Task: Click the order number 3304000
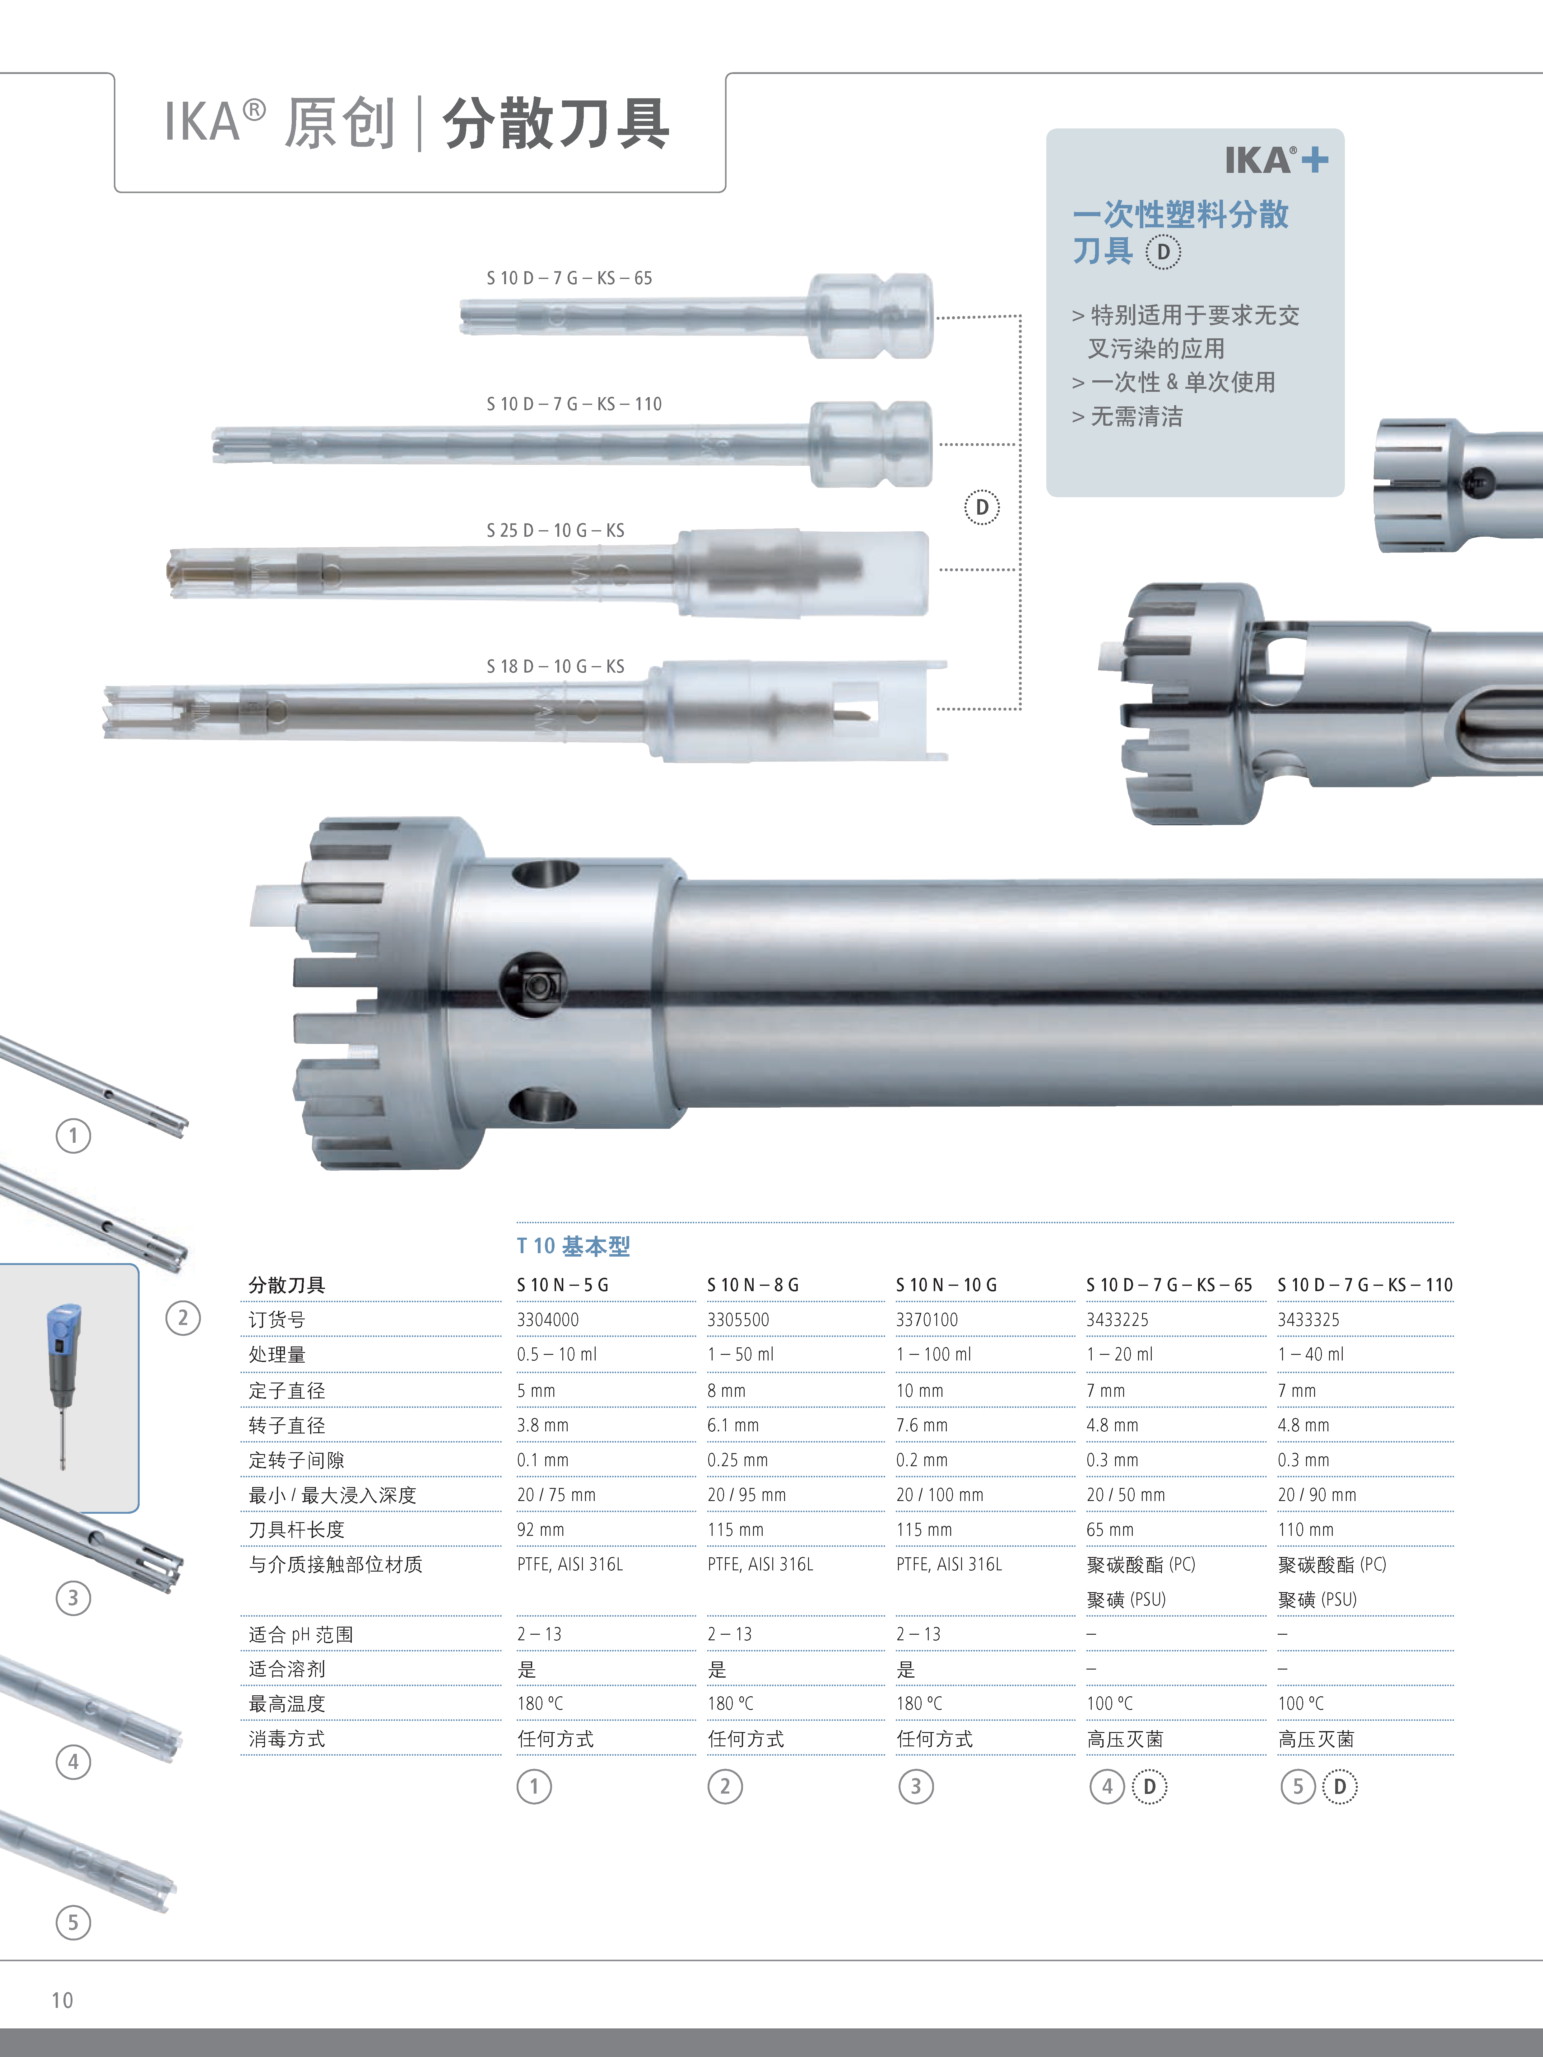point(548,1320)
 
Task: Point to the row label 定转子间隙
point(296,1460)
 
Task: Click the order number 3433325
point(1308,1320)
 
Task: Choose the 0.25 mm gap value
point(737,1460)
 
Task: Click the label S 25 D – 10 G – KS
point(555,530)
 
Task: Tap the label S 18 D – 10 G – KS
point(555,666)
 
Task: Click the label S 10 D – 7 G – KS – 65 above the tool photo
point(569,278)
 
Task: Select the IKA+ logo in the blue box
point(1275,160)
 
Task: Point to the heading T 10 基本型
point(573,1246)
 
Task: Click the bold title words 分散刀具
point(555,124)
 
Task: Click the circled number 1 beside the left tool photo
point(73,1135)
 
